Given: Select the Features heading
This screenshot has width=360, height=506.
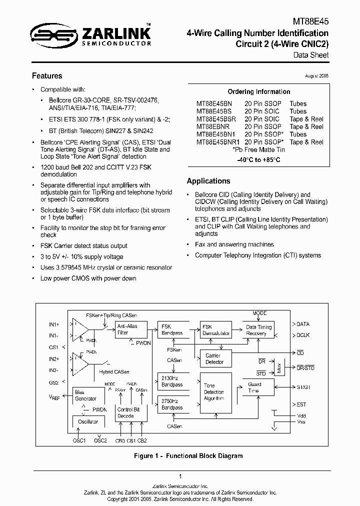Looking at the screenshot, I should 47,76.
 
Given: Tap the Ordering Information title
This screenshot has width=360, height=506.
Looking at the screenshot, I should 258,91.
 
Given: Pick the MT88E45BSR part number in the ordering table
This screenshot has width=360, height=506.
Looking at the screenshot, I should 216,119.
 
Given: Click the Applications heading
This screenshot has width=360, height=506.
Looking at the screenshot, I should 208,181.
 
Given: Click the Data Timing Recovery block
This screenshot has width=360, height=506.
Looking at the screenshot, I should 258,329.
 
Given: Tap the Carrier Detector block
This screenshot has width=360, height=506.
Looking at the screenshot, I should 214,358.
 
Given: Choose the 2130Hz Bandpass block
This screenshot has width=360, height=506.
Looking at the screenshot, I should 171,381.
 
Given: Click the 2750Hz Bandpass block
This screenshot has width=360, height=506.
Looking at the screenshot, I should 171,404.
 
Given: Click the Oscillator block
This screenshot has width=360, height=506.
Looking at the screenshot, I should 88,422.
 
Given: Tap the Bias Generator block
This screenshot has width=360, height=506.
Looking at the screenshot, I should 85,395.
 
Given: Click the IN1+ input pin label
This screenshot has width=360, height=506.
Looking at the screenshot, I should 54,324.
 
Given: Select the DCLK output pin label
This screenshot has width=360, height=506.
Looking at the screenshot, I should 303,335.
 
